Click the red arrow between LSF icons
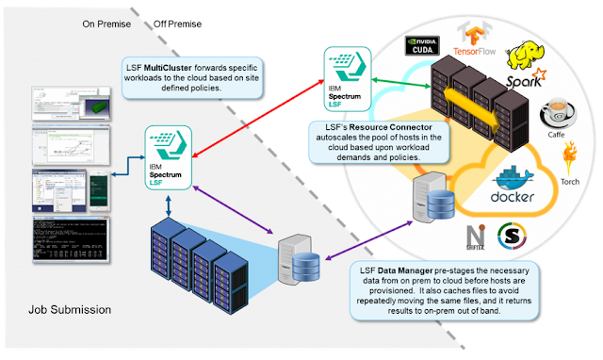point(255,113)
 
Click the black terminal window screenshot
point(71,240)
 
